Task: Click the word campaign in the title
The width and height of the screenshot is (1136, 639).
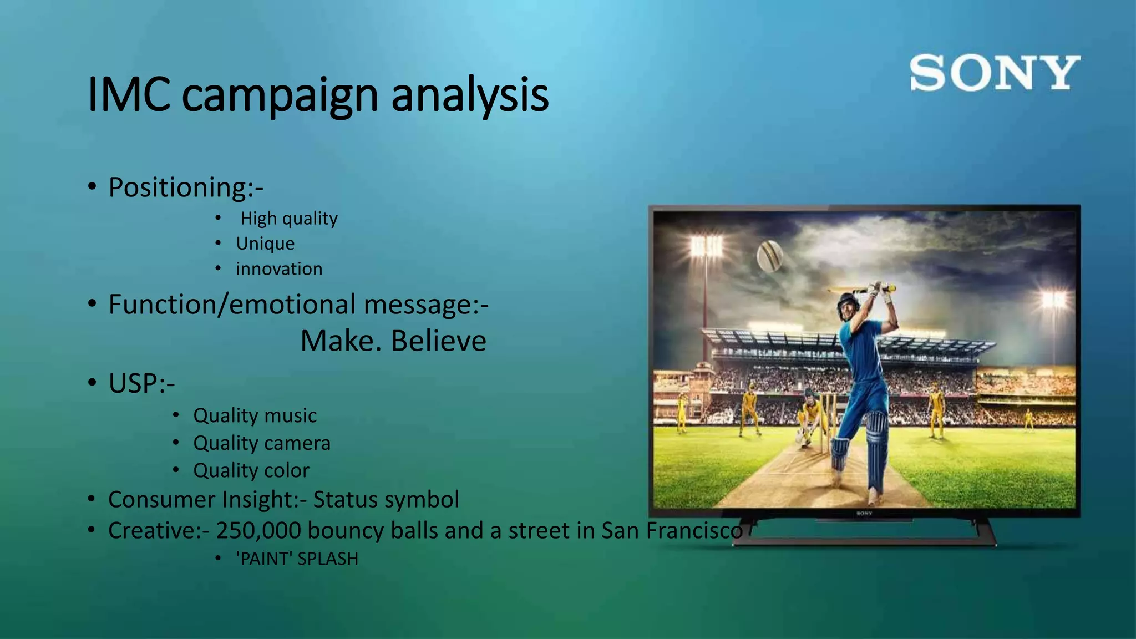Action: click(x=280, y=95)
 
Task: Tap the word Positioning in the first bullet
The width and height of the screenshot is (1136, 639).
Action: click(x=177, y=187)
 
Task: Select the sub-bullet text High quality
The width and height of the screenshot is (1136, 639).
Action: click(x=288, y=219)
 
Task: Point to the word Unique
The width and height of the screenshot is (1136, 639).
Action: click(x=265, y=244)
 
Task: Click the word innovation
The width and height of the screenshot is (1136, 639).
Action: click(x=279, y=269)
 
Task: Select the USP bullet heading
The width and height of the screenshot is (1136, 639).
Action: click(x=141, y=383)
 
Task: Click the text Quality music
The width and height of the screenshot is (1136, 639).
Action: click(x=255, y=415)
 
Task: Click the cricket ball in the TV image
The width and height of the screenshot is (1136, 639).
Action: click(x=770, y=256)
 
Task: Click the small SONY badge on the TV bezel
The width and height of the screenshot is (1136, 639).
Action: click(x=864, y=514)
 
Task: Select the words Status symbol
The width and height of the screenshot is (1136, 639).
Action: click(x=386, y=499)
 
